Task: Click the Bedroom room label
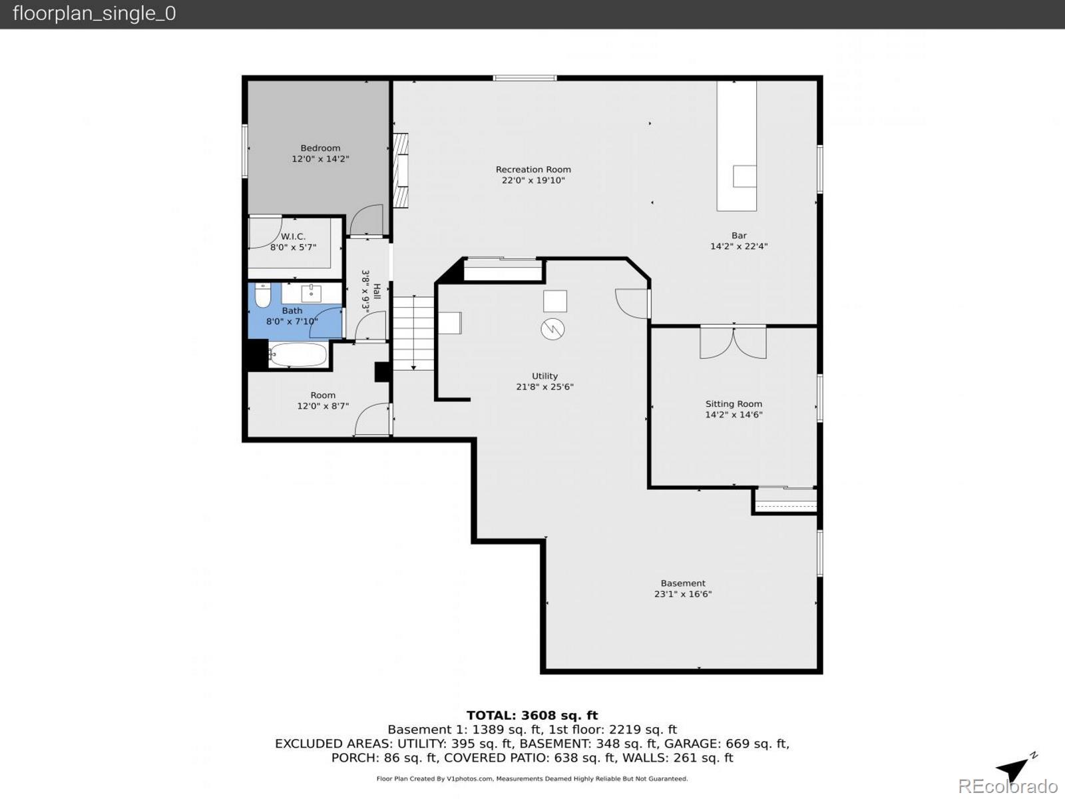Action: click(x=320, y=148)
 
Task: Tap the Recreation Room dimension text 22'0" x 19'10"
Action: click(x=533, y=180)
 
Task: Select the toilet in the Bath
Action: click(x=263, y=296)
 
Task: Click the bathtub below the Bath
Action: click(x=298, y=355)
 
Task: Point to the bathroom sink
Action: click(x=311, y=293)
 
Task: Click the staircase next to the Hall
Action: click(x=413, y=333)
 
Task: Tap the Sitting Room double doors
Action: click(x=733, y=342)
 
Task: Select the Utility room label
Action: click(x=544, y=376)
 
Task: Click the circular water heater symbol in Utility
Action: click(x=552, y=329)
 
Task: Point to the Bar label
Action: click(x=739, y=235)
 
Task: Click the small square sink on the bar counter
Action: click(x=744, y=176)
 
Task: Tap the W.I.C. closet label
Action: click(x=293, y=236)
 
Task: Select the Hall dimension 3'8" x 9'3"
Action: click(x=365, y=290)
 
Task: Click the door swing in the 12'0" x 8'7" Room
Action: click(x=372, y=421)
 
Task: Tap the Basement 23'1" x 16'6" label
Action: click(x=683, y=589)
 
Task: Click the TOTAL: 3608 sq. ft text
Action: click(x=532, y=716)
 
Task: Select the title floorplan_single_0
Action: click(x=94, y=13)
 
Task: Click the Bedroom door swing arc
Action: click(x=367, y=220)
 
